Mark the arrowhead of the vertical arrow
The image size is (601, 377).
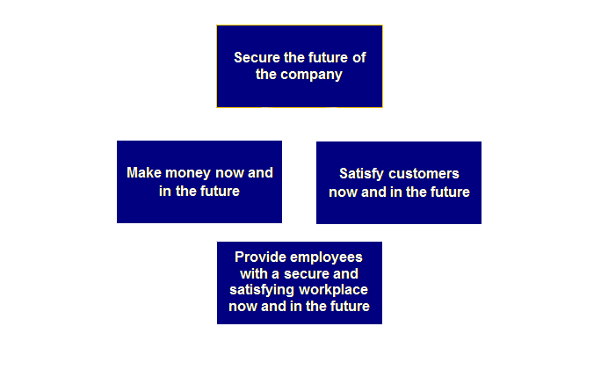[x=300, y=113]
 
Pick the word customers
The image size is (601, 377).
[x=424, y=174]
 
